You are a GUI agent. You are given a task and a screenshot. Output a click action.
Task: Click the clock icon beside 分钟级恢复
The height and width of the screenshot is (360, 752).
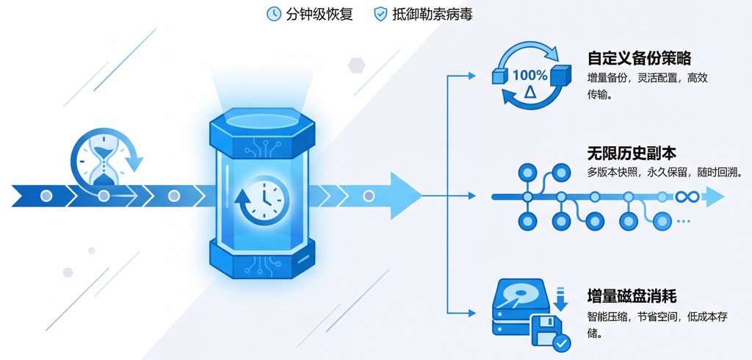(274, 14)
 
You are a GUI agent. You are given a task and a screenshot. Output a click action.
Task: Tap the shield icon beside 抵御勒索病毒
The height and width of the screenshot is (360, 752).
(380, 14)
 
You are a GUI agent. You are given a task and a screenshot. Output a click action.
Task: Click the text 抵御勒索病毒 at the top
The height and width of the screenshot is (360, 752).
(433, 14)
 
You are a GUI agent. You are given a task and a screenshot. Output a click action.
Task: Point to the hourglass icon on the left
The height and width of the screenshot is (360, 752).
(104, 160)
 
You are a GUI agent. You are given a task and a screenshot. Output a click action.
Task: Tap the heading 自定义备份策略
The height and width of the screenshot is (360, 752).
(639, 58)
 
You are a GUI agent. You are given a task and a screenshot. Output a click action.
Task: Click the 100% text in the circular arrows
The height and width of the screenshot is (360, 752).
(529, 75)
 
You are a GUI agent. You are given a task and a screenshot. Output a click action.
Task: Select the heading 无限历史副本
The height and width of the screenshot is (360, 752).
(632, 154)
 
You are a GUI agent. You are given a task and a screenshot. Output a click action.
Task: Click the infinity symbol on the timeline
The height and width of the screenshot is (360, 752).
(686, 196)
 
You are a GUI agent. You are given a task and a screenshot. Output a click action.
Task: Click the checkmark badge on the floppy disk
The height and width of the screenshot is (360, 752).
(561, 342)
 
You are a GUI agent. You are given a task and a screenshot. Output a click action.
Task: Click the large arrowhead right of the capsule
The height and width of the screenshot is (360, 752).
(405, 196)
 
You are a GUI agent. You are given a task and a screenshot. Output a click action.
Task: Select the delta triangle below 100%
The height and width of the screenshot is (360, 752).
(530, 92)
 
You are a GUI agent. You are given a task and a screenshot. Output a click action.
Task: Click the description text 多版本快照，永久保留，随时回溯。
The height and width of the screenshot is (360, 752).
(665, 173)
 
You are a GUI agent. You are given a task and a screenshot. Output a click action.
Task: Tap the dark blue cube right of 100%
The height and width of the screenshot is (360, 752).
(560, 76)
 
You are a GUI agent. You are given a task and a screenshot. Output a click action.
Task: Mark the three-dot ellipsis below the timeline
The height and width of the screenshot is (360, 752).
(684, 221)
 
